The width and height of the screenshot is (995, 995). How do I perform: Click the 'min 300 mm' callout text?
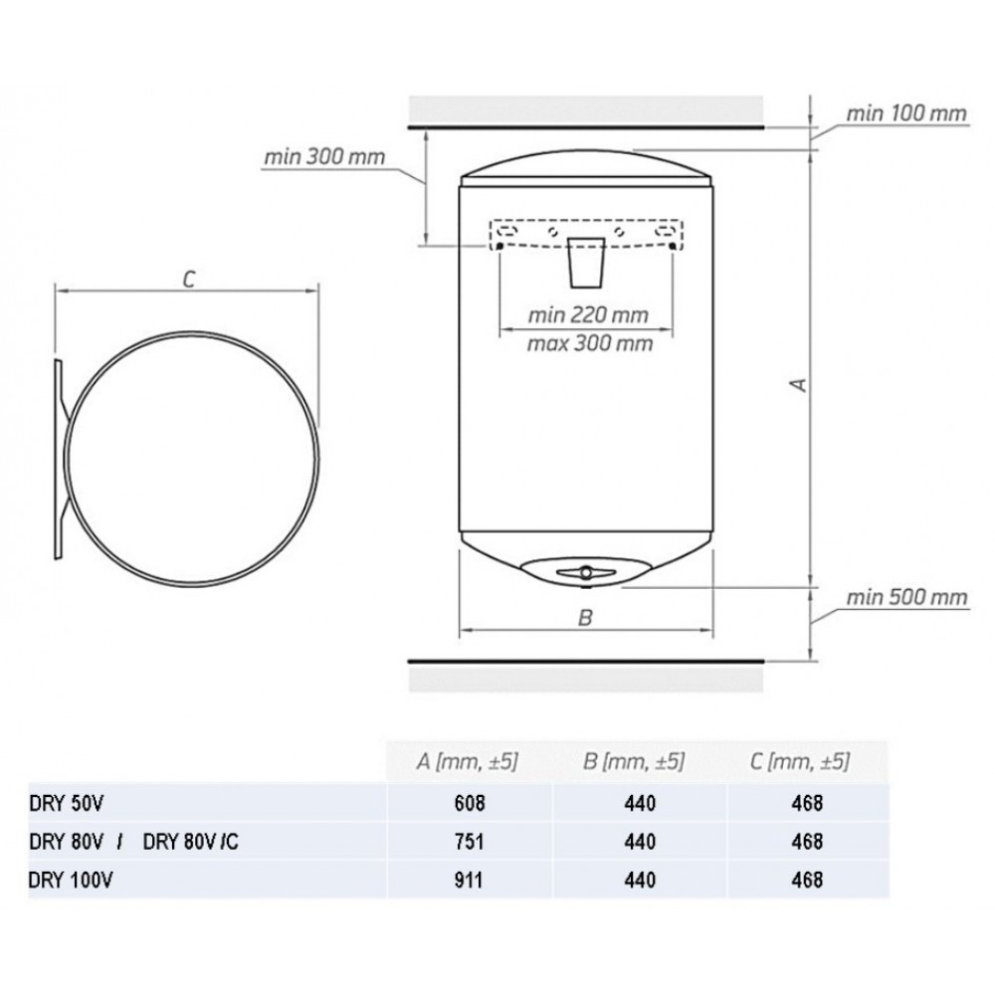(324, 156)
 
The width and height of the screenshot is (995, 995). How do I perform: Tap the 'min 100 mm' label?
(906, 113)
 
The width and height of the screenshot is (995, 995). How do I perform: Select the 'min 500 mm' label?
(906, 597)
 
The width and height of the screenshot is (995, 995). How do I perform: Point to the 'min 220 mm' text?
(588, 314)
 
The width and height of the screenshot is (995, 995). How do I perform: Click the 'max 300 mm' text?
(589, 343)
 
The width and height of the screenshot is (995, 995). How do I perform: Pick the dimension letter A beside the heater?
(800, 384)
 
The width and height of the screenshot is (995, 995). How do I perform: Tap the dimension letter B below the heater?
(586, 617)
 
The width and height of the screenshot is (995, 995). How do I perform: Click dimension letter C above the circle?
(188, 279)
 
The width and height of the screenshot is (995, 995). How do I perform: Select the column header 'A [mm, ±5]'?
(467, 761)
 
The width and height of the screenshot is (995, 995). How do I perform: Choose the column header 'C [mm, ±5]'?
(799, 761)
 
